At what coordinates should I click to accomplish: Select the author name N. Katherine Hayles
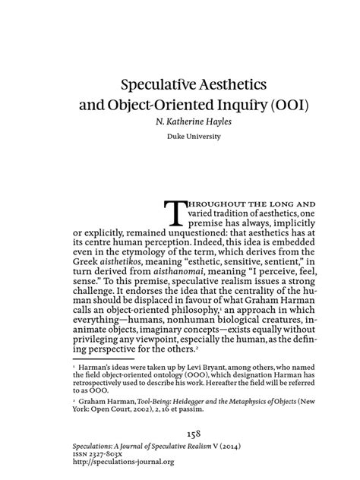coord(180,121)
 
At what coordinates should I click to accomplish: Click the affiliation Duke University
coord(180,137)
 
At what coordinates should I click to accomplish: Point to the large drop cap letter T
coord(175,214)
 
